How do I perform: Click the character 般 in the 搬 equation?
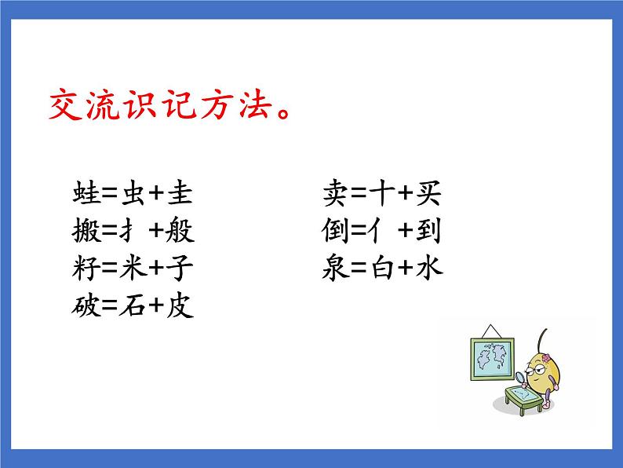pyautogui.click(x=180, y=232)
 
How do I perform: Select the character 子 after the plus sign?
pyautogui.click(x=180, y=269)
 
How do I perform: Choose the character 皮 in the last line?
pyautogui.click(x=180, y=306)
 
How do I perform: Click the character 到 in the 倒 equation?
pyautogui.click(x=430, y=232)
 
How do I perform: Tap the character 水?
pyautogui.click(x=430, y=269)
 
